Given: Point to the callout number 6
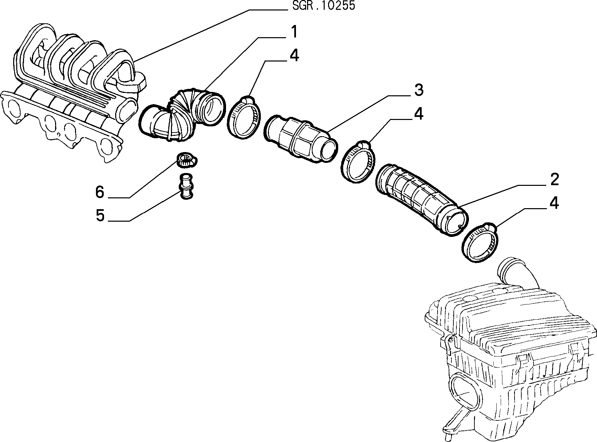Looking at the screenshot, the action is (x=100, y=192).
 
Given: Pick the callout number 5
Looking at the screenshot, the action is (x=100, y=215).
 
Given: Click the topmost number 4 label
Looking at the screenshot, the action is (x=294, y=55).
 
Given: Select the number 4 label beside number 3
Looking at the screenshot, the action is (x=418, y=114).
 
